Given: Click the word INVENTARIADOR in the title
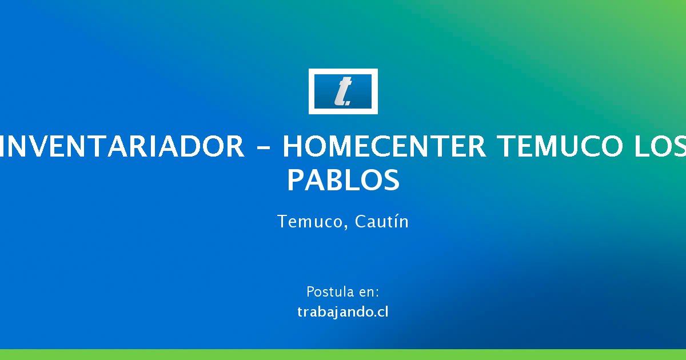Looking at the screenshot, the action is [122, 146].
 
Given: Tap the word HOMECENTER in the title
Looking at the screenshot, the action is [384, 146].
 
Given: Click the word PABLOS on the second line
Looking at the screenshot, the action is [344, 179].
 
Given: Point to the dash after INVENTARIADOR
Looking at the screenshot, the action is [263, 147].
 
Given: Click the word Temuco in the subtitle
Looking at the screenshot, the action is [310, 221].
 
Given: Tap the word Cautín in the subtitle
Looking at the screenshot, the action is [382, 221].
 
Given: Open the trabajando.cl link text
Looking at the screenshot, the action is [342, 312].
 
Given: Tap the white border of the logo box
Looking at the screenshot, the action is [343, 71].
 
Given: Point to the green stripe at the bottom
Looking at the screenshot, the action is [343, 354].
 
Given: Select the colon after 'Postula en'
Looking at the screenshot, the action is [377, 293].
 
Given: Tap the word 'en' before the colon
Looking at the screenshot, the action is [366, 293].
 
